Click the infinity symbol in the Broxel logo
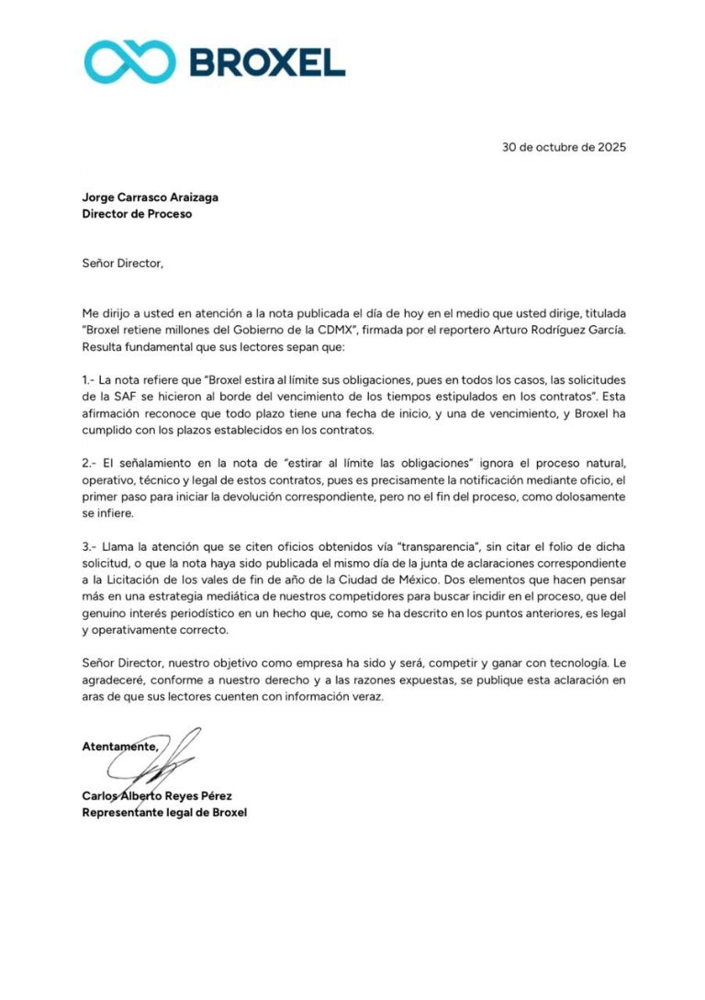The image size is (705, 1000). click(129, 62)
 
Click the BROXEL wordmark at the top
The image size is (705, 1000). click(266, 62)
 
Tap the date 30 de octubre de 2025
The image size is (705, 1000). click(564, 147)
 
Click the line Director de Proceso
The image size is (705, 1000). click(138, 215)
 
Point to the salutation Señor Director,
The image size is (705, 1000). click(123, 264)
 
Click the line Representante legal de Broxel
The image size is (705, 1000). click(164, 813)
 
